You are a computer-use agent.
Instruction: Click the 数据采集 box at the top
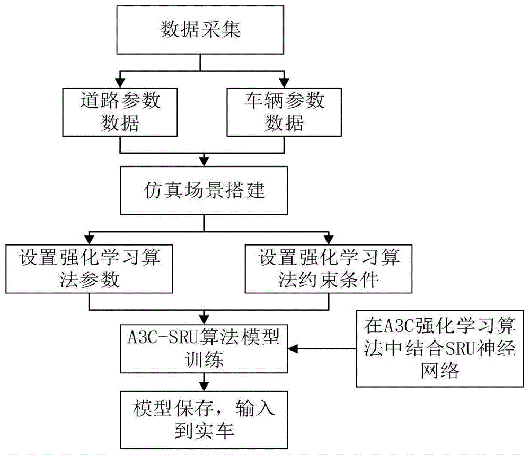click(200, 31)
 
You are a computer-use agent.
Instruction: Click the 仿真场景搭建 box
click(204, 190)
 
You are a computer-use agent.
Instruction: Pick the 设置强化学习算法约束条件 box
click(329, 269)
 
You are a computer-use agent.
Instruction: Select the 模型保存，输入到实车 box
click(204, 419)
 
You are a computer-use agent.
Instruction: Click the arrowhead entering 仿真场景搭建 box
click(204, 161)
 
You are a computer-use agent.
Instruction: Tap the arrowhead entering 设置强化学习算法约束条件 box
click(329, 240)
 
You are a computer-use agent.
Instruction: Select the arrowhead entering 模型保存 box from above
click(204, 386)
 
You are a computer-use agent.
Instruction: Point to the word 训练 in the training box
click(204, 361)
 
